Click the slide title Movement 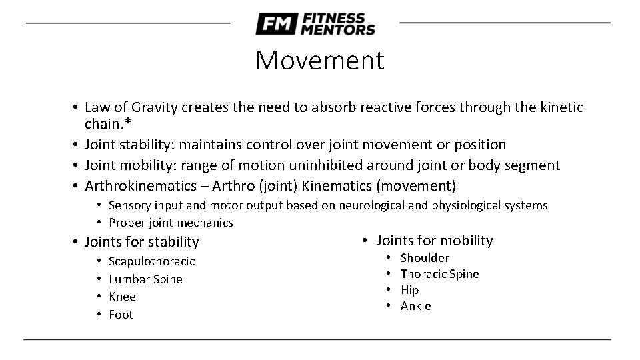[x=320, y=61]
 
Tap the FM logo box [x=275, y=24]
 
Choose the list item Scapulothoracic [x=151, y=261]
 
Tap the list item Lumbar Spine [x=145, y=279]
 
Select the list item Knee [x=122, y=297]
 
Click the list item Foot [x=121, y=315]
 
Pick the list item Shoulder [x=425, y=258]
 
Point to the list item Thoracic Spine [x=439, y=274]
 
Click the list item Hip [x=409, y=290]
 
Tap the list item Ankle [x=415, y=306]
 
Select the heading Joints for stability [x=141, y=242]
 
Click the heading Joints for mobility [x=434, y=241]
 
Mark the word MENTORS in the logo [x=337, y=29]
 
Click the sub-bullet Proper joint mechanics [x=171, y=223]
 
